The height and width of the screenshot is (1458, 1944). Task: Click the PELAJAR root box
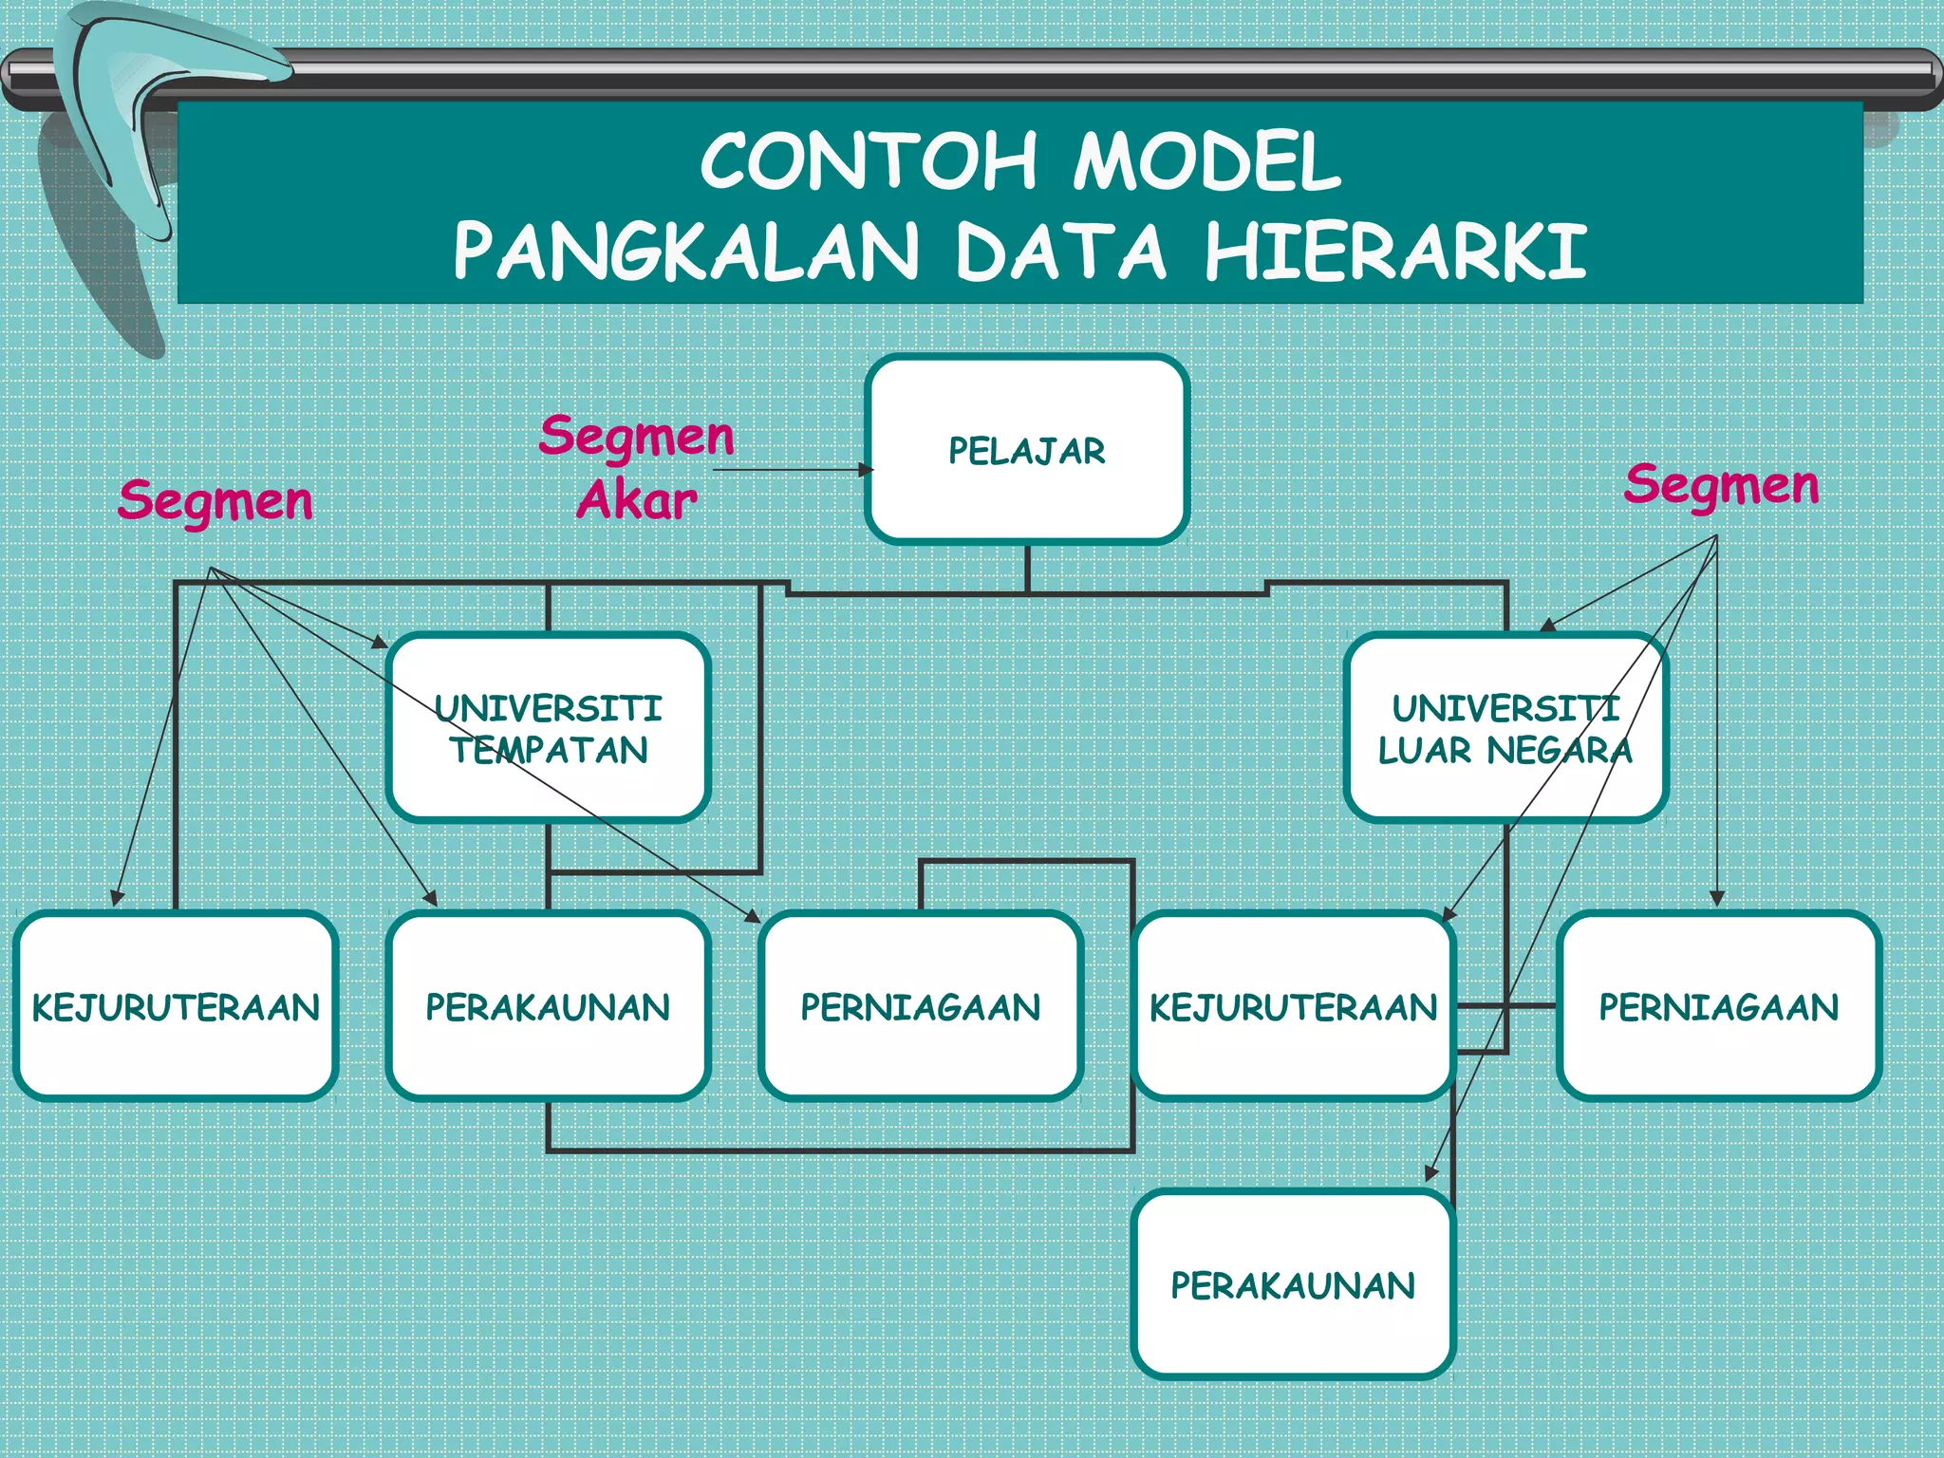click(x=1027, y=450)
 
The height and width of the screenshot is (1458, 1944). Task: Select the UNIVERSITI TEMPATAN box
click(x=548, y=728)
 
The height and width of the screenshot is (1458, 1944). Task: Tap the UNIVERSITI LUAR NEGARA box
click(x=1505, y=728)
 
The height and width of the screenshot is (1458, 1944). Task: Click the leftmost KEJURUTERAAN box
click(x=176, y=1006)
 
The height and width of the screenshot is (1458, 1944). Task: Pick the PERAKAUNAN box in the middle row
click(x=548, y=1006)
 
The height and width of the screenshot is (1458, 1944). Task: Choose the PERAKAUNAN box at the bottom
click(x=1293, y=1285)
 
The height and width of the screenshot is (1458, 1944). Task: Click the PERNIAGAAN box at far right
click(x=1719, y=1006)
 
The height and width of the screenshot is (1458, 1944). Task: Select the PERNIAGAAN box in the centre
click(x=921, y=1006)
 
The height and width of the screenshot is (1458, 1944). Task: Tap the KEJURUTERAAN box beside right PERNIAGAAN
click(x=1293, y=1006)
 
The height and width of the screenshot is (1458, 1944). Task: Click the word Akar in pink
click(x=636, y=500)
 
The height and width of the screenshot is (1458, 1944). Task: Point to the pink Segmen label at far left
click(x=215, y=500)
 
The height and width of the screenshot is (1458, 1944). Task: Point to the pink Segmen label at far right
click(x=1721, y=485)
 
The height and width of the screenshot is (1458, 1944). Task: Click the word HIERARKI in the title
click(x=1395, y=252)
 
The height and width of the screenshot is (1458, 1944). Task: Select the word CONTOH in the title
click(x=869, y=161)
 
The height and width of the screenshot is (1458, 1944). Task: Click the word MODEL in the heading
click(x=1207, y=161)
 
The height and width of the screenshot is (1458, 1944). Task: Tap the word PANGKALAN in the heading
click(x=685, y=252)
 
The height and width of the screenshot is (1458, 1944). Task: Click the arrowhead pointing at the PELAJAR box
click(x=866, y=469)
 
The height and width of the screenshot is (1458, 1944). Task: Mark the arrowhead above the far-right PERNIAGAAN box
click(x=1716, y=898)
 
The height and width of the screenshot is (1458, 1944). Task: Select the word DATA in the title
click(x=1060, y=252)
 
